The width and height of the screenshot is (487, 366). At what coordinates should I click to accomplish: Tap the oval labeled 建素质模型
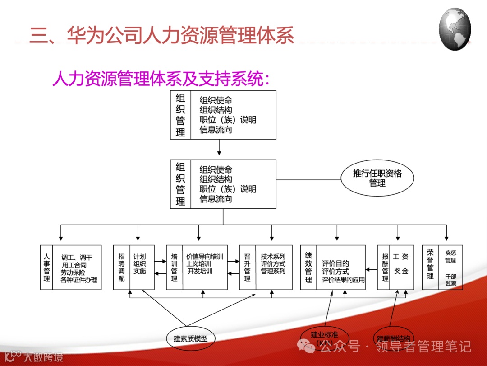(x=191, y=338)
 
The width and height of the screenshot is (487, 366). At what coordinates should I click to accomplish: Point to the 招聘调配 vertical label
(x=121, y=267)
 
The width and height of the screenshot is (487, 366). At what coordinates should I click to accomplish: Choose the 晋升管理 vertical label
(x=247, y=267)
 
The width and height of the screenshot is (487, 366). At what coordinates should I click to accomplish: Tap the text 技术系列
(x=273, y=256)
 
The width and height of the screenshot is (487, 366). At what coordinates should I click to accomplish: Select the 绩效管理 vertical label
(x=308, y=267)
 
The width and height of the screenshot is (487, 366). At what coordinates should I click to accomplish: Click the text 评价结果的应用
(x=343, y=280)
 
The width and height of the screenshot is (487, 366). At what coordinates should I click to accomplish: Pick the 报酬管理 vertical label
(x=385, y=267)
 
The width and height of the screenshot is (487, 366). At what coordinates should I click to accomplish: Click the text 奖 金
(x=401, y=271)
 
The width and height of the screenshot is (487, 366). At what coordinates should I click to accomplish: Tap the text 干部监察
(x=451, y=279)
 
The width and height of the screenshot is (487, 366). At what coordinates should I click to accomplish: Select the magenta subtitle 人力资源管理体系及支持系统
(x=161, y=80)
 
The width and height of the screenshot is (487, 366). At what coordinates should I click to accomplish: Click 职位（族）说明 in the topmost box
(x=228, y=120)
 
